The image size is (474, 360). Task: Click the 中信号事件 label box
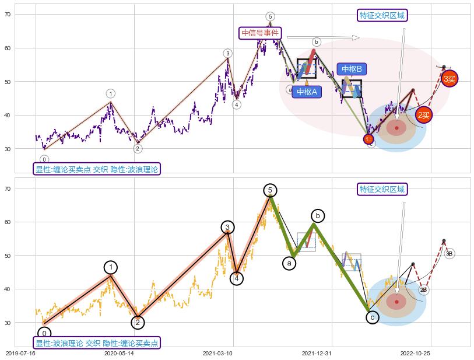click(261, 33)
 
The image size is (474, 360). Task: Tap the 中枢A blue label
click(307, 92)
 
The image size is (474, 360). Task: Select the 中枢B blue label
click(352, 69)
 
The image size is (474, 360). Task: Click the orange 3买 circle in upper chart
click(450, 78)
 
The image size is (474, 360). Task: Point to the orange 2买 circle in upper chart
click(424, 115)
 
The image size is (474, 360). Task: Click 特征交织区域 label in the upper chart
click(382, 15)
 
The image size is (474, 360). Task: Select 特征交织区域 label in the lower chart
click(382, 189)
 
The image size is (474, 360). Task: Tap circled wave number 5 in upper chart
click(270, 16)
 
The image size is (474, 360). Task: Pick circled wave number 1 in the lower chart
click(111, 267)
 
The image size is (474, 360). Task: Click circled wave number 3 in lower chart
click(228, 228)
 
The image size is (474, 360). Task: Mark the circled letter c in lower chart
click(372, 317)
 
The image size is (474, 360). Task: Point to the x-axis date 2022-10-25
click(415, 353)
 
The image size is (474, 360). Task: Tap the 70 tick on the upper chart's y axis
click(24, 14)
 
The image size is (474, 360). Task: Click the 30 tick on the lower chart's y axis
click(24, 322)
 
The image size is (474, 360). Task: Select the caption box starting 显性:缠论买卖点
click(96, 169)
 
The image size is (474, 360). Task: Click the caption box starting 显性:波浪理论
click(96, 342)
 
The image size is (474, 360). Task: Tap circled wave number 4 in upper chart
click(236, 104)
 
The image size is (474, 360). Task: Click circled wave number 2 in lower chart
click(138, 323)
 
